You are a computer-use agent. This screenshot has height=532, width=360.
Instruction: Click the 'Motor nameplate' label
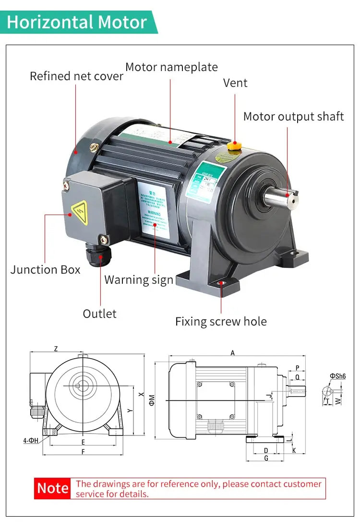pyautogui.click(x=171, y=67)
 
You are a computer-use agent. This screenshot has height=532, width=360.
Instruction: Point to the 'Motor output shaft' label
pyautogui.click(x=293, y=116)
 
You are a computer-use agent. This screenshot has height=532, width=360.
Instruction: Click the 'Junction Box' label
pyautogui.click(x=45, y=269)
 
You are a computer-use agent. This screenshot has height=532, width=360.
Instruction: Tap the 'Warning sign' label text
pyautogui.click(x=138, y=279)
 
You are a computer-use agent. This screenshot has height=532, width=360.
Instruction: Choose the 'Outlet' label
pyautogui.click(x=99, y=314)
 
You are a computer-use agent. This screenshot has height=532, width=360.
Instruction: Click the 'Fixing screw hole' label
pyautogui.click(x=221, y=321)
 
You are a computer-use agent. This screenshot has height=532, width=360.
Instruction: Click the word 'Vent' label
pyautogui.click(x=235, y=83)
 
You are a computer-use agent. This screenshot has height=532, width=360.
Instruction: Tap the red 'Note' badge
pyautogui.click(x=53, y=488)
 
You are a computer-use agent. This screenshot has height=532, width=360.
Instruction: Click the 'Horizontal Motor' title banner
pyautogui.click(x=77, y=22)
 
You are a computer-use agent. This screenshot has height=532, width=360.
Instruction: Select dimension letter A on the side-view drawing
pyautogui.click(x=233, y=353)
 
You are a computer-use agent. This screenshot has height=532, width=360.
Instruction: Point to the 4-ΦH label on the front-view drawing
pyautogui.click(x=31, y=440)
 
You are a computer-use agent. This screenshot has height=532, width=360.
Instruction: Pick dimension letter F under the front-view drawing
pyautogui.click(x=83, y=452)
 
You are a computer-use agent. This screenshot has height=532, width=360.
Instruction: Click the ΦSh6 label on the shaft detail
pyautogui.click(x=337, y=376)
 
